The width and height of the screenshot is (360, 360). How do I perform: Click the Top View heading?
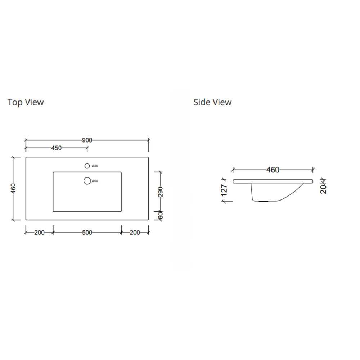coord(26,102)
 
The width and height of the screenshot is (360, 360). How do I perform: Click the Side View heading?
coord(212,102)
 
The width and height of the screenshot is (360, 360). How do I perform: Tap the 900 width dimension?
coord(87,140)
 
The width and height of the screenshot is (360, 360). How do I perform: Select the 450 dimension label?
coord(57,148)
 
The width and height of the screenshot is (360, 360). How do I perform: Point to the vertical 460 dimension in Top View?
coord(13,188)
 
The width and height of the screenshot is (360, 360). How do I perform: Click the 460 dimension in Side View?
coord(273,170)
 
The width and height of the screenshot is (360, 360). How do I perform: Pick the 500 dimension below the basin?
coord(87,233)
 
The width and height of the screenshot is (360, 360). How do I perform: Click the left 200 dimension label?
coord(39,233)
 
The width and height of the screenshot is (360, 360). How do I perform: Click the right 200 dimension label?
coord(134,233)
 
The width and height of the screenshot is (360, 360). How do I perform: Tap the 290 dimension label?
coord(161,192)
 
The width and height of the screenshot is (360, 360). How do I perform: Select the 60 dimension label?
coord(161,216)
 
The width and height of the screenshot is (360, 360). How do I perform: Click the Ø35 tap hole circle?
coord(87,166)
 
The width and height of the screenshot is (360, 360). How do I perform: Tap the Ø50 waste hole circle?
coord(87,181)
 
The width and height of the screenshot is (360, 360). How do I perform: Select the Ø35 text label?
coord(95,166)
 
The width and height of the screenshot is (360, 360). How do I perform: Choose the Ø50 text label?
coord(95,181)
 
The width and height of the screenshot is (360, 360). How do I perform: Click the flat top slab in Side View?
coord(273,181)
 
